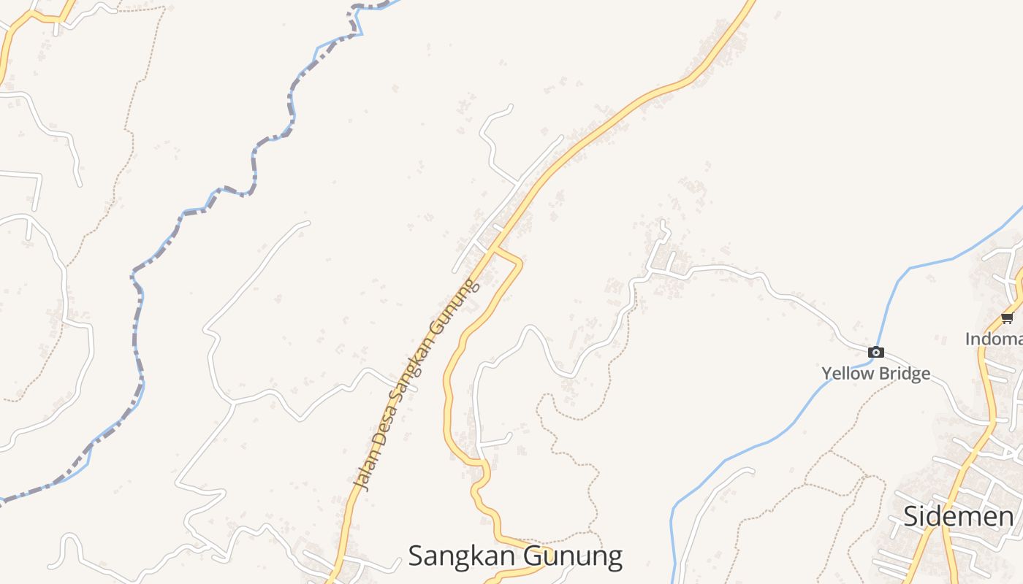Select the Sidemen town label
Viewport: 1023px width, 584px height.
pyautogui.click(x=958, y=517)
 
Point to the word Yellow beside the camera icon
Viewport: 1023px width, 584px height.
pyautogui.click(x=846, y=374)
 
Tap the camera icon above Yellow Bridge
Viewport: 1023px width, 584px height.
pyautogui.click(x=875, y=353)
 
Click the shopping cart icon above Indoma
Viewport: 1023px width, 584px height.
pyautogui.click(x=1007, y=318)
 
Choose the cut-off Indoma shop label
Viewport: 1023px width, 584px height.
pyautogui.click(x=994, y=339)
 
